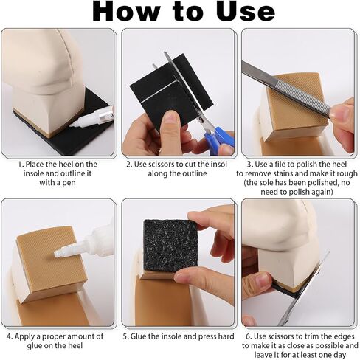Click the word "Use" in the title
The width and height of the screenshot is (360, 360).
tap(245, 11)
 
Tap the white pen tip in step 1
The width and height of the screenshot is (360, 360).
tap(73, 125)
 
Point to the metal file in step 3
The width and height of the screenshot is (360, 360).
tap(286, 89)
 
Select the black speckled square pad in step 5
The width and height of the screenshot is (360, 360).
tap(170, 246)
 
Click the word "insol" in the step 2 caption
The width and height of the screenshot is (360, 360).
tap(217, 165)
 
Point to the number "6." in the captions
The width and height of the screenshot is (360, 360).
tap(249, 336)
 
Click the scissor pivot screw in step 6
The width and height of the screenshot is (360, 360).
tap(286, 319)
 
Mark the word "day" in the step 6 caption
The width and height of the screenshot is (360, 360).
tap(340, 356)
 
